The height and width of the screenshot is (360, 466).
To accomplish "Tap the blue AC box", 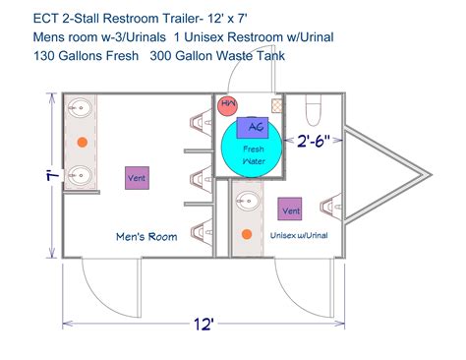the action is click(x=254, y=127).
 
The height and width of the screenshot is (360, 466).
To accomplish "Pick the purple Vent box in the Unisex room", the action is click(x=290, y=210).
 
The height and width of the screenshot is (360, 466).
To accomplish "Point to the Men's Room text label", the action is click(x=146, y=236).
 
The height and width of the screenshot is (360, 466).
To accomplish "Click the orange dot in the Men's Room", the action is click(x=83, y=143).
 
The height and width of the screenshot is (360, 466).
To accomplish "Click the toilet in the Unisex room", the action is click(x=315, y=104).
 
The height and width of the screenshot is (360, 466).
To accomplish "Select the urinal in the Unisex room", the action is click(x=331, y=207).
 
